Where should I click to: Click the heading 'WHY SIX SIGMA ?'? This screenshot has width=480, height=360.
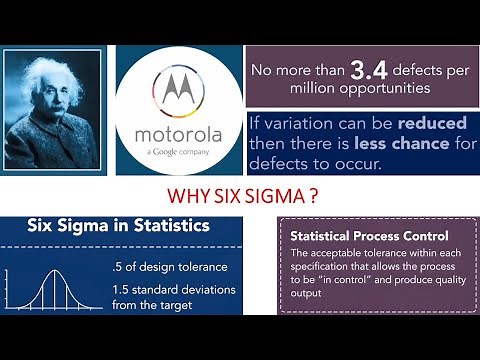tap(240, 194)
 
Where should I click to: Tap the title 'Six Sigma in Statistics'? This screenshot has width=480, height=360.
tap(117, 227)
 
